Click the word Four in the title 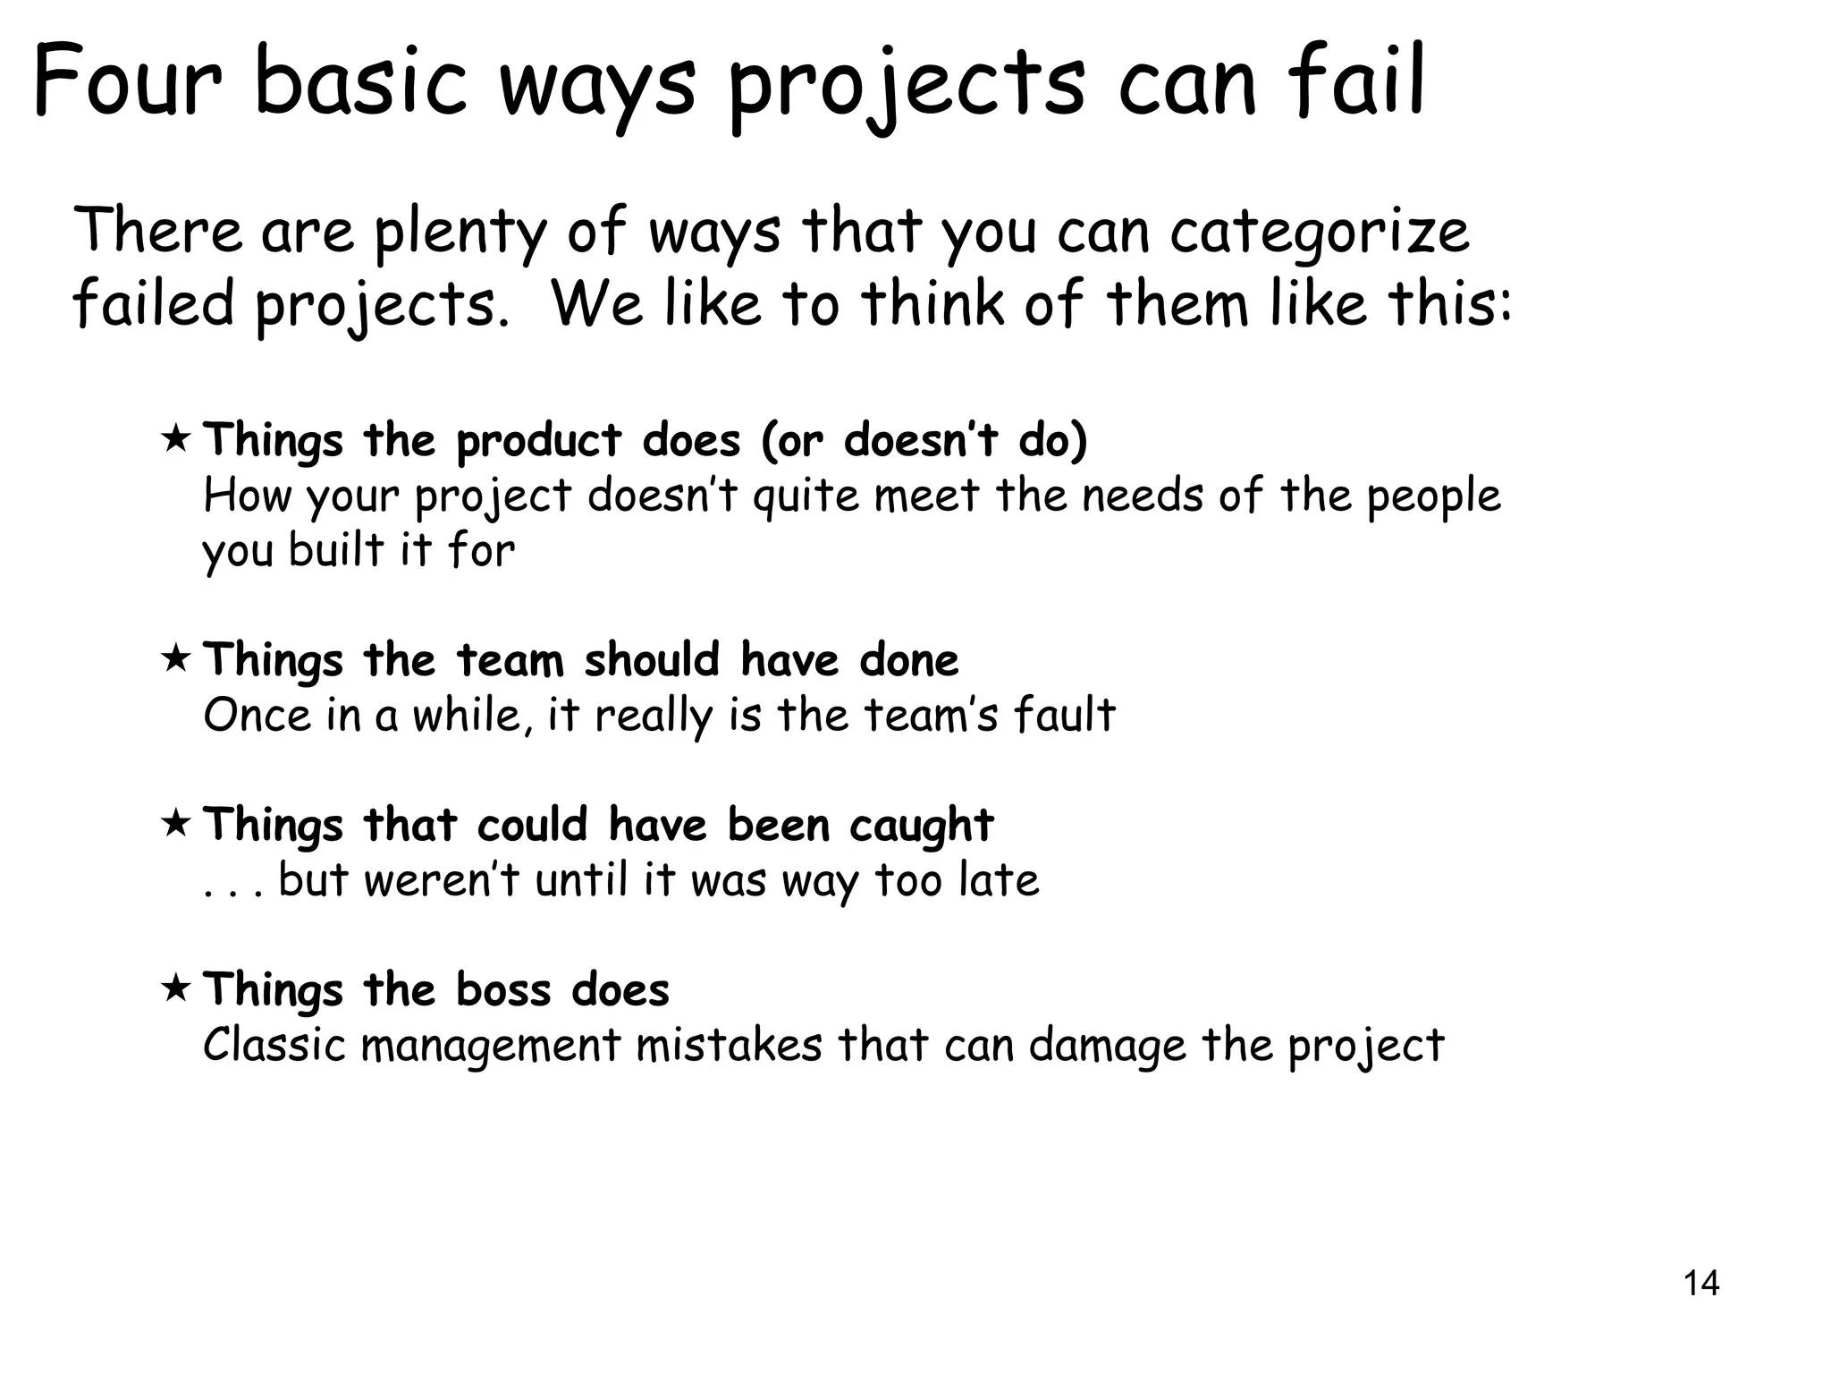coord(127,82)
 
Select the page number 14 coord(1700,1284)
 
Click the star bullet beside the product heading coord(175,439)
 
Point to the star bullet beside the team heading coord(175,659)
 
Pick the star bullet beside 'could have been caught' coord(175,823)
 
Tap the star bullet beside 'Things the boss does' coord(175,988)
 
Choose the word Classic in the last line coord(274,1045)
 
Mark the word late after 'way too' coord(998,880)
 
